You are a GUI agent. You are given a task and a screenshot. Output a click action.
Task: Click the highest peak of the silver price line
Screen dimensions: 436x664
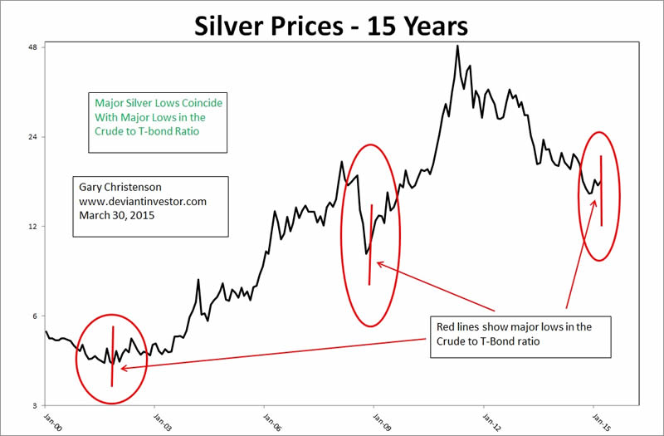coord(457,46)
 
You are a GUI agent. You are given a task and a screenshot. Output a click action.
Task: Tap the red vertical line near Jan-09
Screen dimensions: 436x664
coord(370,245)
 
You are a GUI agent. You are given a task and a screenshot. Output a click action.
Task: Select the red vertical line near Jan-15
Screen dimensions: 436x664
coord(601,191)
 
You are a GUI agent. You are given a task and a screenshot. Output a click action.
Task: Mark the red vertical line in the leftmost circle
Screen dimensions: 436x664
coord(112,357)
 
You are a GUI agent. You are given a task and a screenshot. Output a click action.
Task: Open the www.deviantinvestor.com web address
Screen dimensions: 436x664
coord(143,201)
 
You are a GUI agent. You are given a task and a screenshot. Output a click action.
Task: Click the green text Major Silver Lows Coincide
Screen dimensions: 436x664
coord(158,102)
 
